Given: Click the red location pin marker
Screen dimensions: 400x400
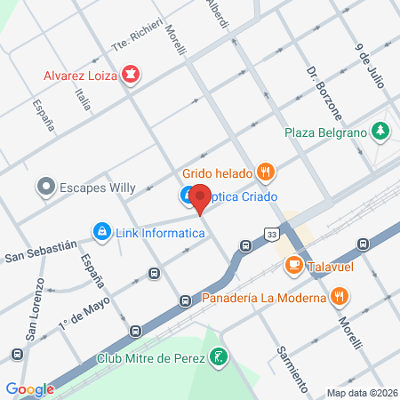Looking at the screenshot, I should (x=201, y=199).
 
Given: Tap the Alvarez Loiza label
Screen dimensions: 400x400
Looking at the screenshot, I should (x=82, y=75).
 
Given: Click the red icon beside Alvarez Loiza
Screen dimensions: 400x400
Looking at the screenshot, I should (x=131, y=74).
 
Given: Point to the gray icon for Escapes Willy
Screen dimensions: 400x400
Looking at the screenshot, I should (x=45, y=187).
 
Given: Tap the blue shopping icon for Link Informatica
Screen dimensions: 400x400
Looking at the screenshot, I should (x=101, y=231).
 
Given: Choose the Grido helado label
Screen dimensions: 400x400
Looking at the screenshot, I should (x=217, y=172).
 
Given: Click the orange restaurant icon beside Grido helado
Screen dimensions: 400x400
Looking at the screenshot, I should (x=264, y=171).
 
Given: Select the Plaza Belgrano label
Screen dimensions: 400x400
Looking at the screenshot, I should (x=326, y=132).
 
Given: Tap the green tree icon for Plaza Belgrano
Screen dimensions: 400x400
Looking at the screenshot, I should (x=380, y=131).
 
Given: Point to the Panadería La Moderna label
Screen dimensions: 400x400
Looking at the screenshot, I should (x=263, y=297).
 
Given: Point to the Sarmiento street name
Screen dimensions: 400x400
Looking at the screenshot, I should (x=292, y=370).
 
